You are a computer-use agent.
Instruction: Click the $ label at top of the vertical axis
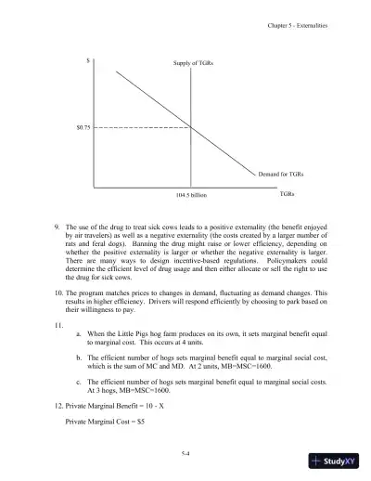[87, 61]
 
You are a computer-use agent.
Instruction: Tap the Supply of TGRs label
[192, 63]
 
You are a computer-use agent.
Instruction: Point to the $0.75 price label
[83, 125]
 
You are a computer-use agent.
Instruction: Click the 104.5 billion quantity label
[191, 196]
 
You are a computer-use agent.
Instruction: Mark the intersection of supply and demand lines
[191, 125]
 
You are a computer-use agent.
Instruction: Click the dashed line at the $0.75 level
[139, 125]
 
